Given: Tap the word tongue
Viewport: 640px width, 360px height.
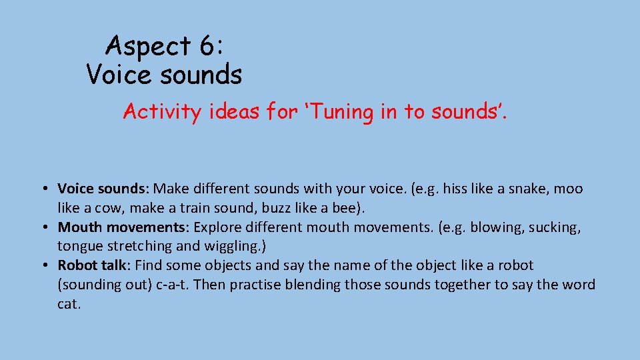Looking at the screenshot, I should tap(78, 247).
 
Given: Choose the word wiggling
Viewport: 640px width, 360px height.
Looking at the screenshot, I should tap(235, 247).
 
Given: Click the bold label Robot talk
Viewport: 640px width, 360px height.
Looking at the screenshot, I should tap(87, 265).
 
